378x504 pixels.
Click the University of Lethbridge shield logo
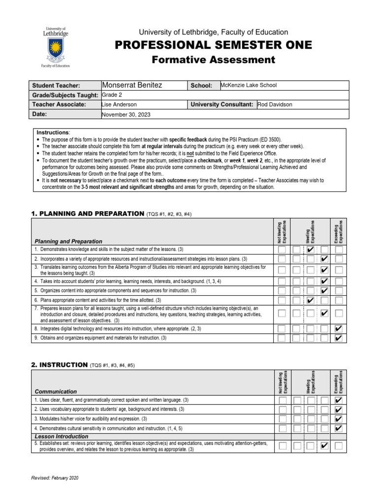55,51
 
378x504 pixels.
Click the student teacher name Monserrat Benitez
131,86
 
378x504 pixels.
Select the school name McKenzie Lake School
249,85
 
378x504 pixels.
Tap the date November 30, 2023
126,114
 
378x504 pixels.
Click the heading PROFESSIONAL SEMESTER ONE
213,45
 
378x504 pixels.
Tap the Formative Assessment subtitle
213,60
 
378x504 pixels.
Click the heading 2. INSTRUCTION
59,365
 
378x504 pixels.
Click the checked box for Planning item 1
310,250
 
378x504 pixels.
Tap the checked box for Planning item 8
338,328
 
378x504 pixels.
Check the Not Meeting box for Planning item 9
282,338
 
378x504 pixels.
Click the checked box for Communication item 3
338,419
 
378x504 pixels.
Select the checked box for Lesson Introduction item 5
324,446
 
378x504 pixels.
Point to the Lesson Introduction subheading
62,437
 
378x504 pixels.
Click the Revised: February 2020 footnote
55,478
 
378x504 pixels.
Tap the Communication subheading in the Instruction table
56,391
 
